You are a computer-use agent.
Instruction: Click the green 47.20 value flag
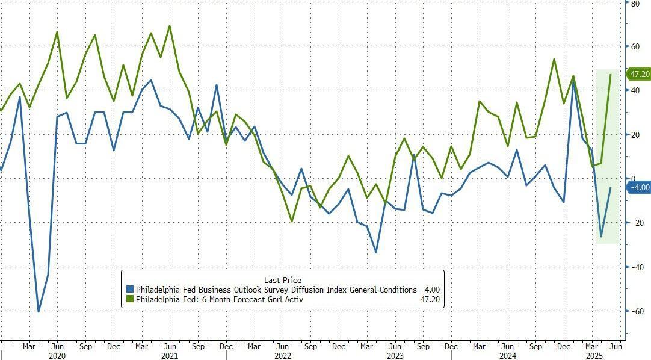pyautogui.click(x=638, y=74)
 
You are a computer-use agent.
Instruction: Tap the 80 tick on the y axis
pyautogui.click(x=635, y=3)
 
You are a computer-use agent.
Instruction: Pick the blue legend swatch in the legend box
pyautogui.click(x=129, y=290)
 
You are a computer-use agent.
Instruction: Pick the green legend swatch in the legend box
pyautogui.click(x=129, y=299)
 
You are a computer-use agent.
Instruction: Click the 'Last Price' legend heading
pyautogui.click(x=283, y=280)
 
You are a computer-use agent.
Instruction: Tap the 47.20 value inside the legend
pyautogui.click(x=429, y=299)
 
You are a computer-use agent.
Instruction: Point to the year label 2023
pyautogui.click(x=394, y=355)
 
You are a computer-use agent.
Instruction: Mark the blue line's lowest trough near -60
pyautogui.click(x=39, y=311)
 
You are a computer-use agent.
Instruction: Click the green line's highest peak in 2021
pyautogui.click(x=170, y=26)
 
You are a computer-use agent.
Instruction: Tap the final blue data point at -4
pyautogui.click(x=611, y=188)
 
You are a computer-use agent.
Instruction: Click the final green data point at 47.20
pyautogui.click(x=611, y=75)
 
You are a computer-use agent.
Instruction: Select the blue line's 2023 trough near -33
pyautogui.click(x=377, y=252)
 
